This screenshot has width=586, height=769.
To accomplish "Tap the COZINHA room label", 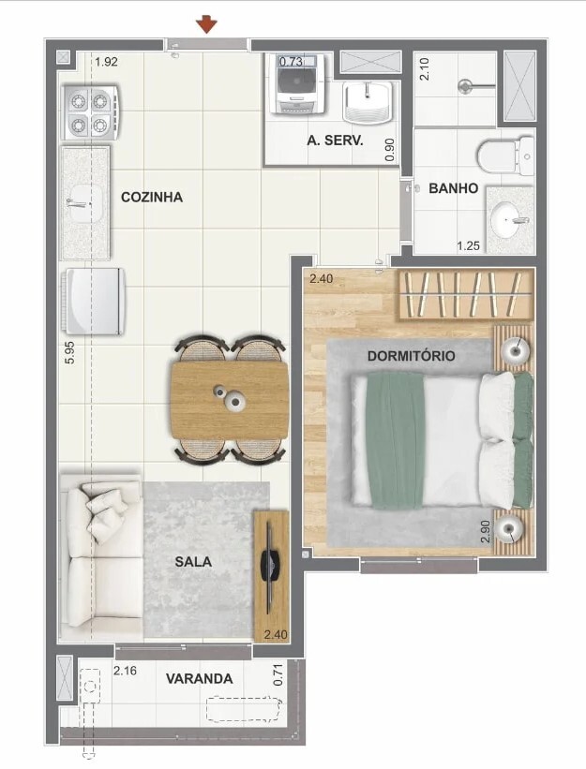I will [152, 198].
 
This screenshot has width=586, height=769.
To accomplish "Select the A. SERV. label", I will [335, 141].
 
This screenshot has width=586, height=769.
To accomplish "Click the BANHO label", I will [454, 188].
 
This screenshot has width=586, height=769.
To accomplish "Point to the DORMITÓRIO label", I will [412, 356].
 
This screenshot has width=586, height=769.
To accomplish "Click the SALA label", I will [193, 562].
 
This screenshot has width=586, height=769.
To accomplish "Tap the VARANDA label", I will [200, 678].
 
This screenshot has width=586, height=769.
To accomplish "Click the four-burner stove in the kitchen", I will [90, 111].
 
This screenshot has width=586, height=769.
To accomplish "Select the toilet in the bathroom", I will [503, 155].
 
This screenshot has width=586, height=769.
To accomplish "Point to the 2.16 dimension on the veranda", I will [126, 671].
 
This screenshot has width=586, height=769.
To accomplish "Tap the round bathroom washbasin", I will [510, 218].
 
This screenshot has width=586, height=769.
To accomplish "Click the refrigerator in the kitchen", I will [92, 301].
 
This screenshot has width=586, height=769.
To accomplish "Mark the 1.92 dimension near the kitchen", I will [106, 63].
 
